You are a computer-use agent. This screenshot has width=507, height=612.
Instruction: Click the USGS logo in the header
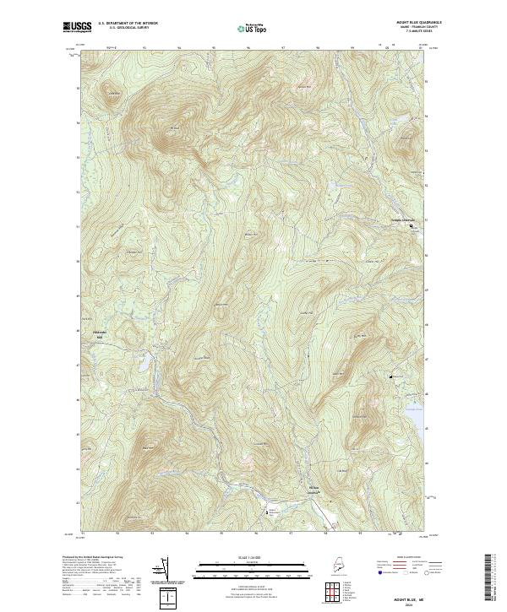coord(78,27)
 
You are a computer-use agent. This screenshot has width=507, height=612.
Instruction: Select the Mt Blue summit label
coord(177,127)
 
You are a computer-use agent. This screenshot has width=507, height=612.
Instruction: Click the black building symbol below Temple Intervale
coord(412,227)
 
